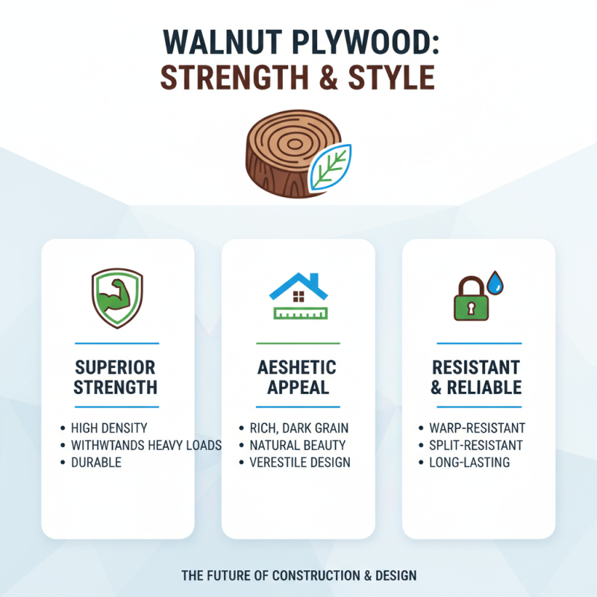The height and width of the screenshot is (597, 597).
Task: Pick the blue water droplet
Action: click(x=495, y=282)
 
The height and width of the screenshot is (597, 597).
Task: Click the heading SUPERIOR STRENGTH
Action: click(x=116, y=378)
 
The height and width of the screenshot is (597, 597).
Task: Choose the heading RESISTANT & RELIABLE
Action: click(x=478, y=378)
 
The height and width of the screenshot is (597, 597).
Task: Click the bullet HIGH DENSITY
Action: click(x=109, y=428)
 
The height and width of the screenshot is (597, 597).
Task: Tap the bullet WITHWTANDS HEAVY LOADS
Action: click(x=146, y=446)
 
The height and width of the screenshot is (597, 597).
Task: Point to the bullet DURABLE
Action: click(x=96, y=463)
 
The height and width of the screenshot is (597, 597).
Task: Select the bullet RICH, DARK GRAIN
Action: click(x=298, y=428)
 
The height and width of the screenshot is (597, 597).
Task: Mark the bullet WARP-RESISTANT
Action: click(x=477, y=428)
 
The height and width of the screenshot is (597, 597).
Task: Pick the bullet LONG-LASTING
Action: click(x=469, y=463)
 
